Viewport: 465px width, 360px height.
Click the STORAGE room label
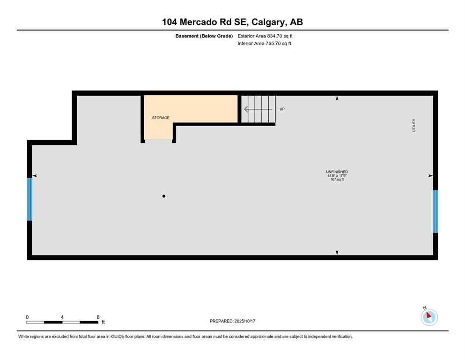tap(160, 118)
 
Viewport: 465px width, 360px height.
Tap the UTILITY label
tap(414, 125)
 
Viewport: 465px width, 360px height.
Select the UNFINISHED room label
tap(337, 172)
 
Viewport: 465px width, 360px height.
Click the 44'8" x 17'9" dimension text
tap(337, 176)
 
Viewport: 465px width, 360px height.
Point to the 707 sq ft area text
tap(337, 180)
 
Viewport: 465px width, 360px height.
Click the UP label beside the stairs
tap(282, 109)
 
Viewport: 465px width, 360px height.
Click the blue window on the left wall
tap(30, 199)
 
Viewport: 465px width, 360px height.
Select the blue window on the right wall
tap(435, 211)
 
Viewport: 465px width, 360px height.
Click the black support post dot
tap(164, 196)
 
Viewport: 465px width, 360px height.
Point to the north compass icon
tap(428, 317)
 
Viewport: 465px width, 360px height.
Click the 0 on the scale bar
tap(27, 317)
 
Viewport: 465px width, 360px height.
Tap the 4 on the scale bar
tap(62, 317)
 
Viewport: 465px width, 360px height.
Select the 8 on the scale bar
tap(97, 317)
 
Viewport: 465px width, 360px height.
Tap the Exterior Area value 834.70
tap(276, 36)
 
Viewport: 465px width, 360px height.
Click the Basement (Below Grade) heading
tap(204, 36)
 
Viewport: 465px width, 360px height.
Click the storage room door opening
tap(159, 140)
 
